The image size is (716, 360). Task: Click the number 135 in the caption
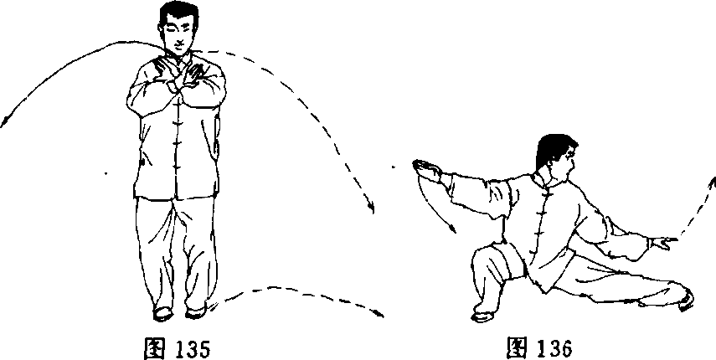click(193, 349)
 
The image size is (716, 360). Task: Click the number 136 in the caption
click(554, 348)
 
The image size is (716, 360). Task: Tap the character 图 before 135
click(155, 349)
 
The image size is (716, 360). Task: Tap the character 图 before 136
click(518, 348)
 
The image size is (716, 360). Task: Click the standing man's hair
click(178, 13)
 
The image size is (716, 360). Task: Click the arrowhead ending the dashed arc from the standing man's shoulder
click(370, 207)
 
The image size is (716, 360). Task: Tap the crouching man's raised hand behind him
click(426, 169)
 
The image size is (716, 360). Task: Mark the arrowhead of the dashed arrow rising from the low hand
click(713, 182)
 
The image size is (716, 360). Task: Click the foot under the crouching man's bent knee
click(483, 316)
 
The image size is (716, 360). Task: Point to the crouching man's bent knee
click(480, 255)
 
